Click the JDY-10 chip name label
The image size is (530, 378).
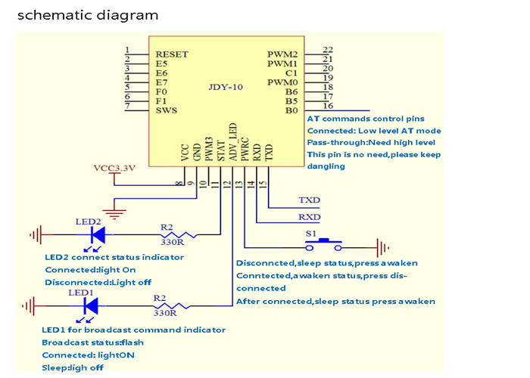226,88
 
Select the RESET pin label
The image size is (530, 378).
172,54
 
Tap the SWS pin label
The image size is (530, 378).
167,111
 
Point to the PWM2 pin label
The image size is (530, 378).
282,54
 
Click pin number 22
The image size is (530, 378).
328,50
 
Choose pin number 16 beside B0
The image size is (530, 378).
328,107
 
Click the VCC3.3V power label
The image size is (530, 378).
114,168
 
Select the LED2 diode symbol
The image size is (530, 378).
97,235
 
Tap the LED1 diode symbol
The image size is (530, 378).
91,305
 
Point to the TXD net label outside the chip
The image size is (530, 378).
309,201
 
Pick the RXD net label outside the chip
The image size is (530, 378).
309,217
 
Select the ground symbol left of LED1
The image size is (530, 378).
33,305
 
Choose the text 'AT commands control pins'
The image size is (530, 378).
366,119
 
